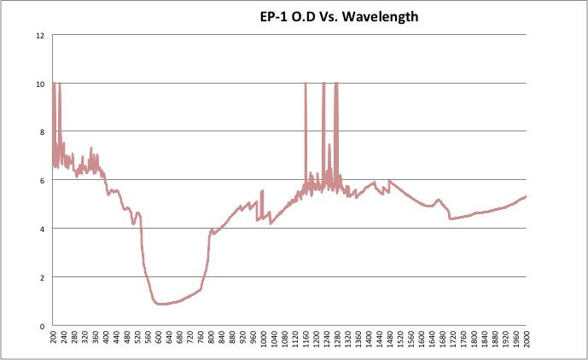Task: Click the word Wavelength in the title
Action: click(384, 16)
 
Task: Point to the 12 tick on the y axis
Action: click(40, 36)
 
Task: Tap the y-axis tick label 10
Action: click(40, 84)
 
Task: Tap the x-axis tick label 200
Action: click(53, 340)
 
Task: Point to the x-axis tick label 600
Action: click(158, 340)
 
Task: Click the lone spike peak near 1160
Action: click(306, 84)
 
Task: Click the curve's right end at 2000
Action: click(526, 196)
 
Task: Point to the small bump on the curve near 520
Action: click(138, 212)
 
